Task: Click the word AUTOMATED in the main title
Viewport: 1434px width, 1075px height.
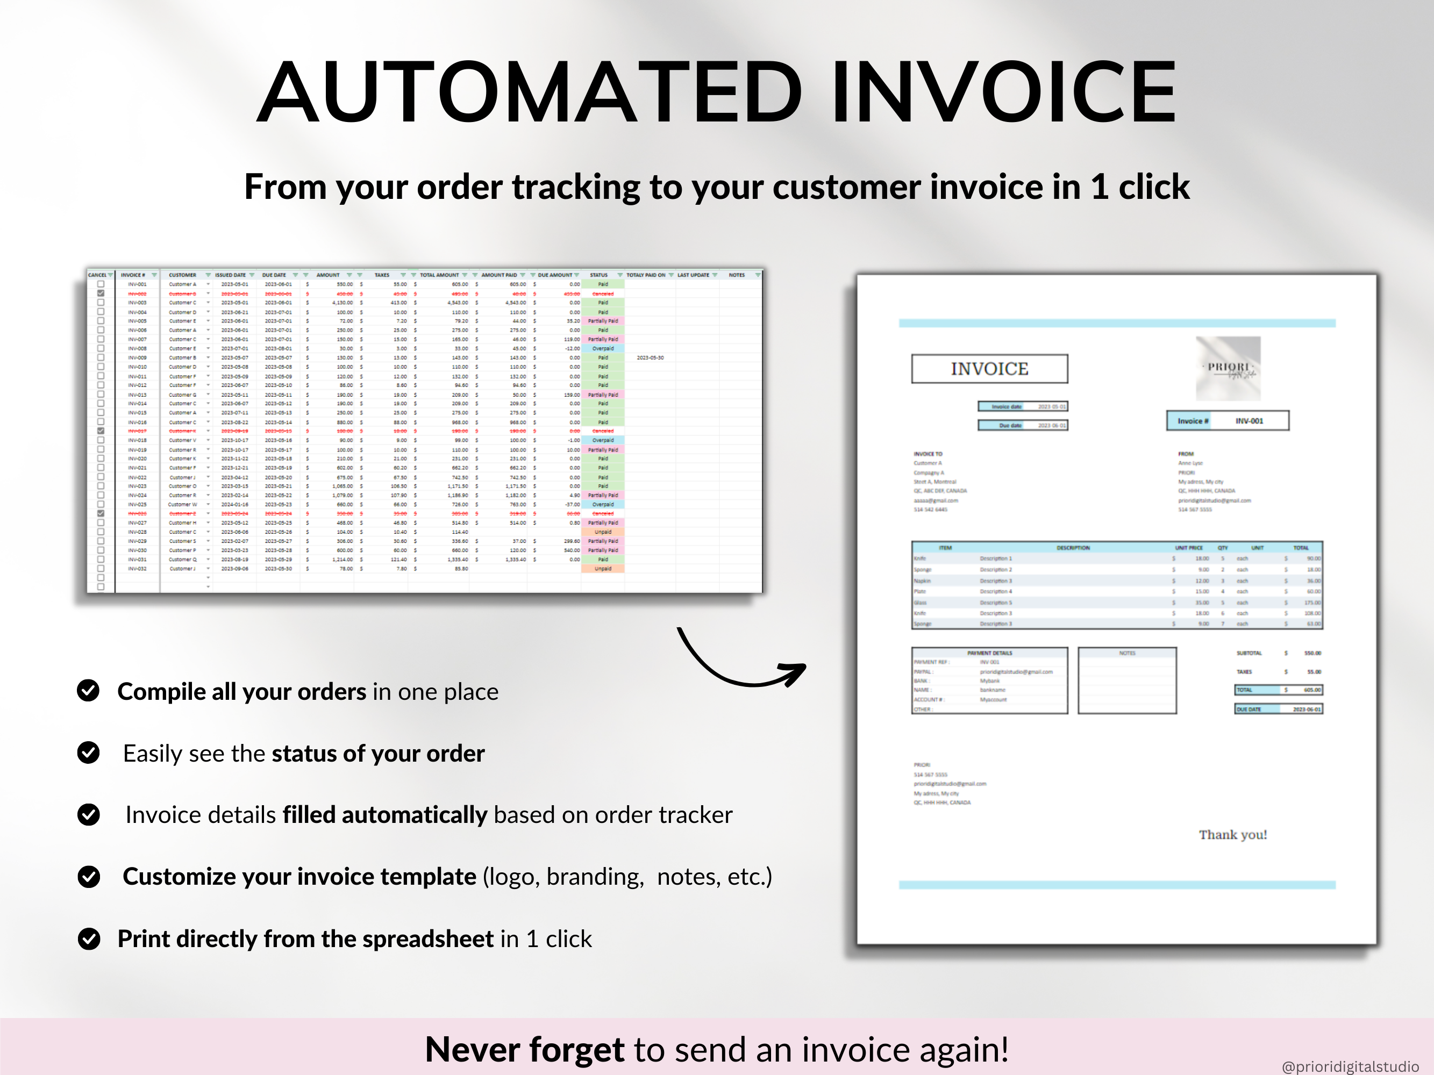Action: (x=532, y=92)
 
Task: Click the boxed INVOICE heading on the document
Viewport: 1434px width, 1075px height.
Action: (x=989, y=369)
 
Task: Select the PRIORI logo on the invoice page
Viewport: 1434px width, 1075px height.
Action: (x=1228, y=368)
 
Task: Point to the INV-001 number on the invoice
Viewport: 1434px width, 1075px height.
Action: (x=1248, y=420)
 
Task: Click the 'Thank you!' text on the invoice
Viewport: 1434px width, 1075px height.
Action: (x=1232, y=835)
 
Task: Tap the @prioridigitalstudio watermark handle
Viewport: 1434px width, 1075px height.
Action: (x=1350, y=1066)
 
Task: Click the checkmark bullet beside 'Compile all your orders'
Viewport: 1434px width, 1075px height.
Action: (x=88, y=691)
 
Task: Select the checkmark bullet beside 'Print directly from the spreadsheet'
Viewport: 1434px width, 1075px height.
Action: (x=89, y=938)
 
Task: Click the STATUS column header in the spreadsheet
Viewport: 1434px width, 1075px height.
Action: (x=598, y=275)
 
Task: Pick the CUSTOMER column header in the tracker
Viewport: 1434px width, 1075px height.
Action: (x=182, y=275)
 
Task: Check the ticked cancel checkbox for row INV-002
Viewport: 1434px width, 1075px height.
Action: (x=101, y=293)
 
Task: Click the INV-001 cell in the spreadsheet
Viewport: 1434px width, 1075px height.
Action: (x=138, y=284)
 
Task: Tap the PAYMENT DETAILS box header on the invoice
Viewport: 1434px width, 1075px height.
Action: (x=989, y=653)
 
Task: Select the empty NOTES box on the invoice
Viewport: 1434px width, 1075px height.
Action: (x=1127, y=684)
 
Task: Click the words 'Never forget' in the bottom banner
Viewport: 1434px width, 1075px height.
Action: (x=524, y=1049)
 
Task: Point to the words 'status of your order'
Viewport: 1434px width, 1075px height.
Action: (x=378, y=753)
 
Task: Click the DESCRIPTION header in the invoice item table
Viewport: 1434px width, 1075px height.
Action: (x=1073, y=548)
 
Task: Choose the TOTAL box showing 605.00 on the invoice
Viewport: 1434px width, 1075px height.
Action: (x=1279, y=690)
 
